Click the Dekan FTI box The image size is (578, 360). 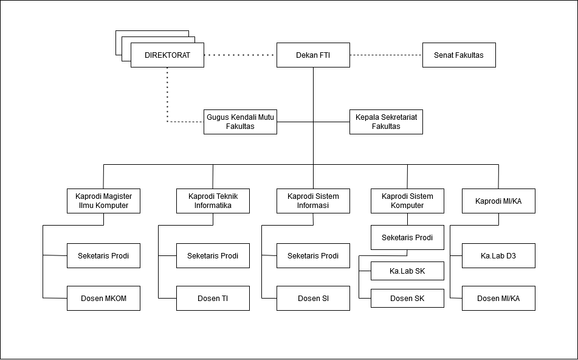(x=313, y=55)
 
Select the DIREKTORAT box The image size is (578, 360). (x=167, y=55)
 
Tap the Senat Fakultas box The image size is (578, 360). (x=459, y=55)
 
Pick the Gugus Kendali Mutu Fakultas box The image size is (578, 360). (x=240, y=122)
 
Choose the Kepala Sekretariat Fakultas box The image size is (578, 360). (x=386, y=122)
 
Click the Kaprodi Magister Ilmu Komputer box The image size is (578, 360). (x=103, y=201)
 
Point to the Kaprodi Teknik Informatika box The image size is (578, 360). (x=213, y=201)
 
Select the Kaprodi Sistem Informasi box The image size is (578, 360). (x=313, y=201)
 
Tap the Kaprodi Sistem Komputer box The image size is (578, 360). (x=407, y=201)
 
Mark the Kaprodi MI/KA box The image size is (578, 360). (x=498, y=201)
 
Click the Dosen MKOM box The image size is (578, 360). (x=103, y=298)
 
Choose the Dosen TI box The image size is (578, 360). (x=213, y=298)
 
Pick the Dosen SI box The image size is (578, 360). (x=313, y=298)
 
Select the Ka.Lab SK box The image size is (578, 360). (x=407, y=271)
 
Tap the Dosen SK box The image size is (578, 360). (x=407, y=298)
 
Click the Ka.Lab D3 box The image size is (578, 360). (x=498, y=255)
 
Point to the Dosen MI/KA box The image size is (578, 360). (x=498, y=298)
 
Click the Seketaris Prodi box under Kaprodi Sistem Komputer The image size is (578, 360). (x=407, y=238)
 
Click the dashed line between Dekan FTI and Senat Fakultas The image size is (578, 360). (x=386, y=55)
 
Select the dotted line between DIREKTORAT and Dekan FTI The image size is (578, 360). (x=240, y=55)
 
